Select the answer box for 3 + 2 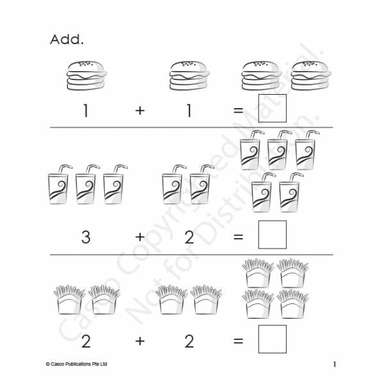[x=273, y=235]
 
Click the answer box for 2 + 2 [x=273, y=339]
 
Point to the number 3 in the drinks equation [x=86, y=237]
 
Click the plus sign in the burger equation [x=140, y=111]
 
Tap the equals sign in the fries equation [x=238, y=341]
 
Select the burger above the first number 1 [x=86, y=76]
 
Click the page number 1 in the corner [x=335, y=364]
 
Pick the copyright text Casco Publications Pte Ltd [x=76, y=364]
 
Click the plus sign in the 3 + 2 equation [x=140, y=237]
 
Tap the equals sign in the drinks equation [x=238, y=237]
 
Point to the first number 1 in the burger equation [x=86, y=111]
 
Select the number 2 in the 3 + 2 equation [x=189, y=237]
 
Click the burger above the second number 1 [x=189, y=76]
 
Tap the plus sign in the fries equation [x=140, y=341]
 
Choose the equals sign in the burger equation [x=238, y=111]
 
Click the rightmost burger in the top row [x=311, y=76]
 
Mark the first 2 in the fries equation [x=86, y=341]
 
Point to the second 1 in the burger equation [x=189, y=111]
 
